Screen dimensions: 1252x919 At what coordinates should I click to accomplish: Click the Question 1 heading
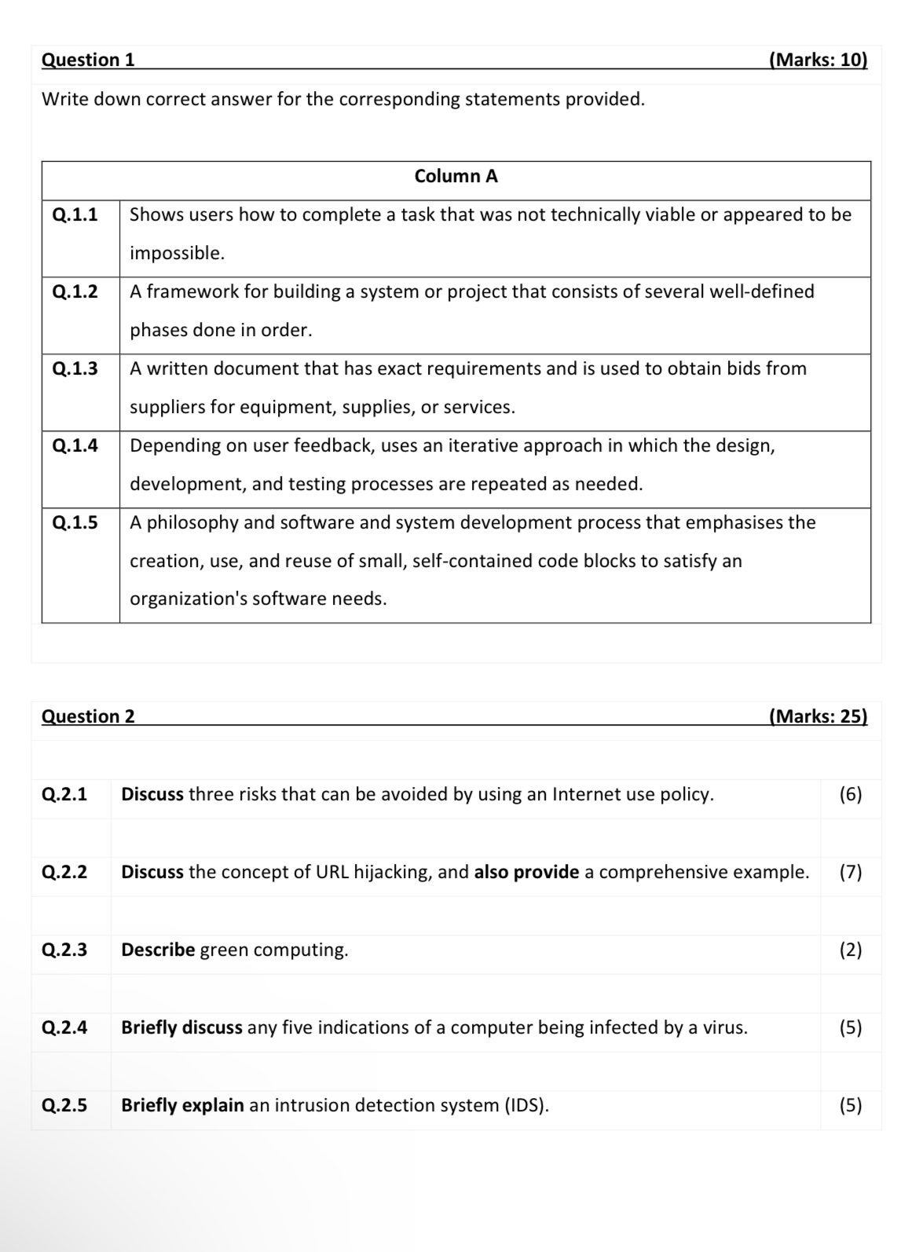(88, 60)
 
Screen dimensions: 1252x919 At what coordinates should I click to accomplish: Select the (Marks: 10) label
(818, 60)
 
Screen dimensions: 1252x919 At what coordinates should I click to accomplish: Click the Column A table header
(456, 176)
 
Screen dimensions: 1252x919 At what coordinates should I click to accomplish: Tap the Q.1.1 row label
(75, 214)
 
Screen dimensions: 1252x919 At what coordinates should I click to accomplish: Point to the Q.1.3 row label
(75, 368)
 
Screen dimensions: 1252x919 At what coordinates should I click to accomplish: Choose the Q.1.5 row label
(75, 522)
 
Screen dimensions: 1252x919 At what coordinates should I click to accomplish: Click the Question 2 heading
(88, 716)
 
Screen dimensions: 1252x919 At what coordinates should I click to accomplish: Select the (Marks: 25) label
(818, 716)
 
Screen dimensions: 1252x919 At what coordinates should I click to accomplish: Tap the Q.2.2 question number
(64, 872)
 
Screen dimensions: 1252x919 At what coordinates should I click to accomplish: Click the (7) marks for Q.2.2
(850, 872)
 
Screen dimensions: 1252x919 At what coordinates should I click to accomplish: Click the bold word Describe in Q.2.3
(158, 950)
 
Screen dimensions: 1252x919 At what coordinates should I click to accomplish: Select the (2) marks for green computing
(850, 950)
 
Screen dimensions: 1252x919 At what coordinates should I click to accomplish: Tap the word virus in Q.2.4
(723, 1027)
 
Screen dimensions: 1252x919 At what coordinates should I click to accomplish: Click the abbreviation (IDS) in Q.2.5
(525, 1105)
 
